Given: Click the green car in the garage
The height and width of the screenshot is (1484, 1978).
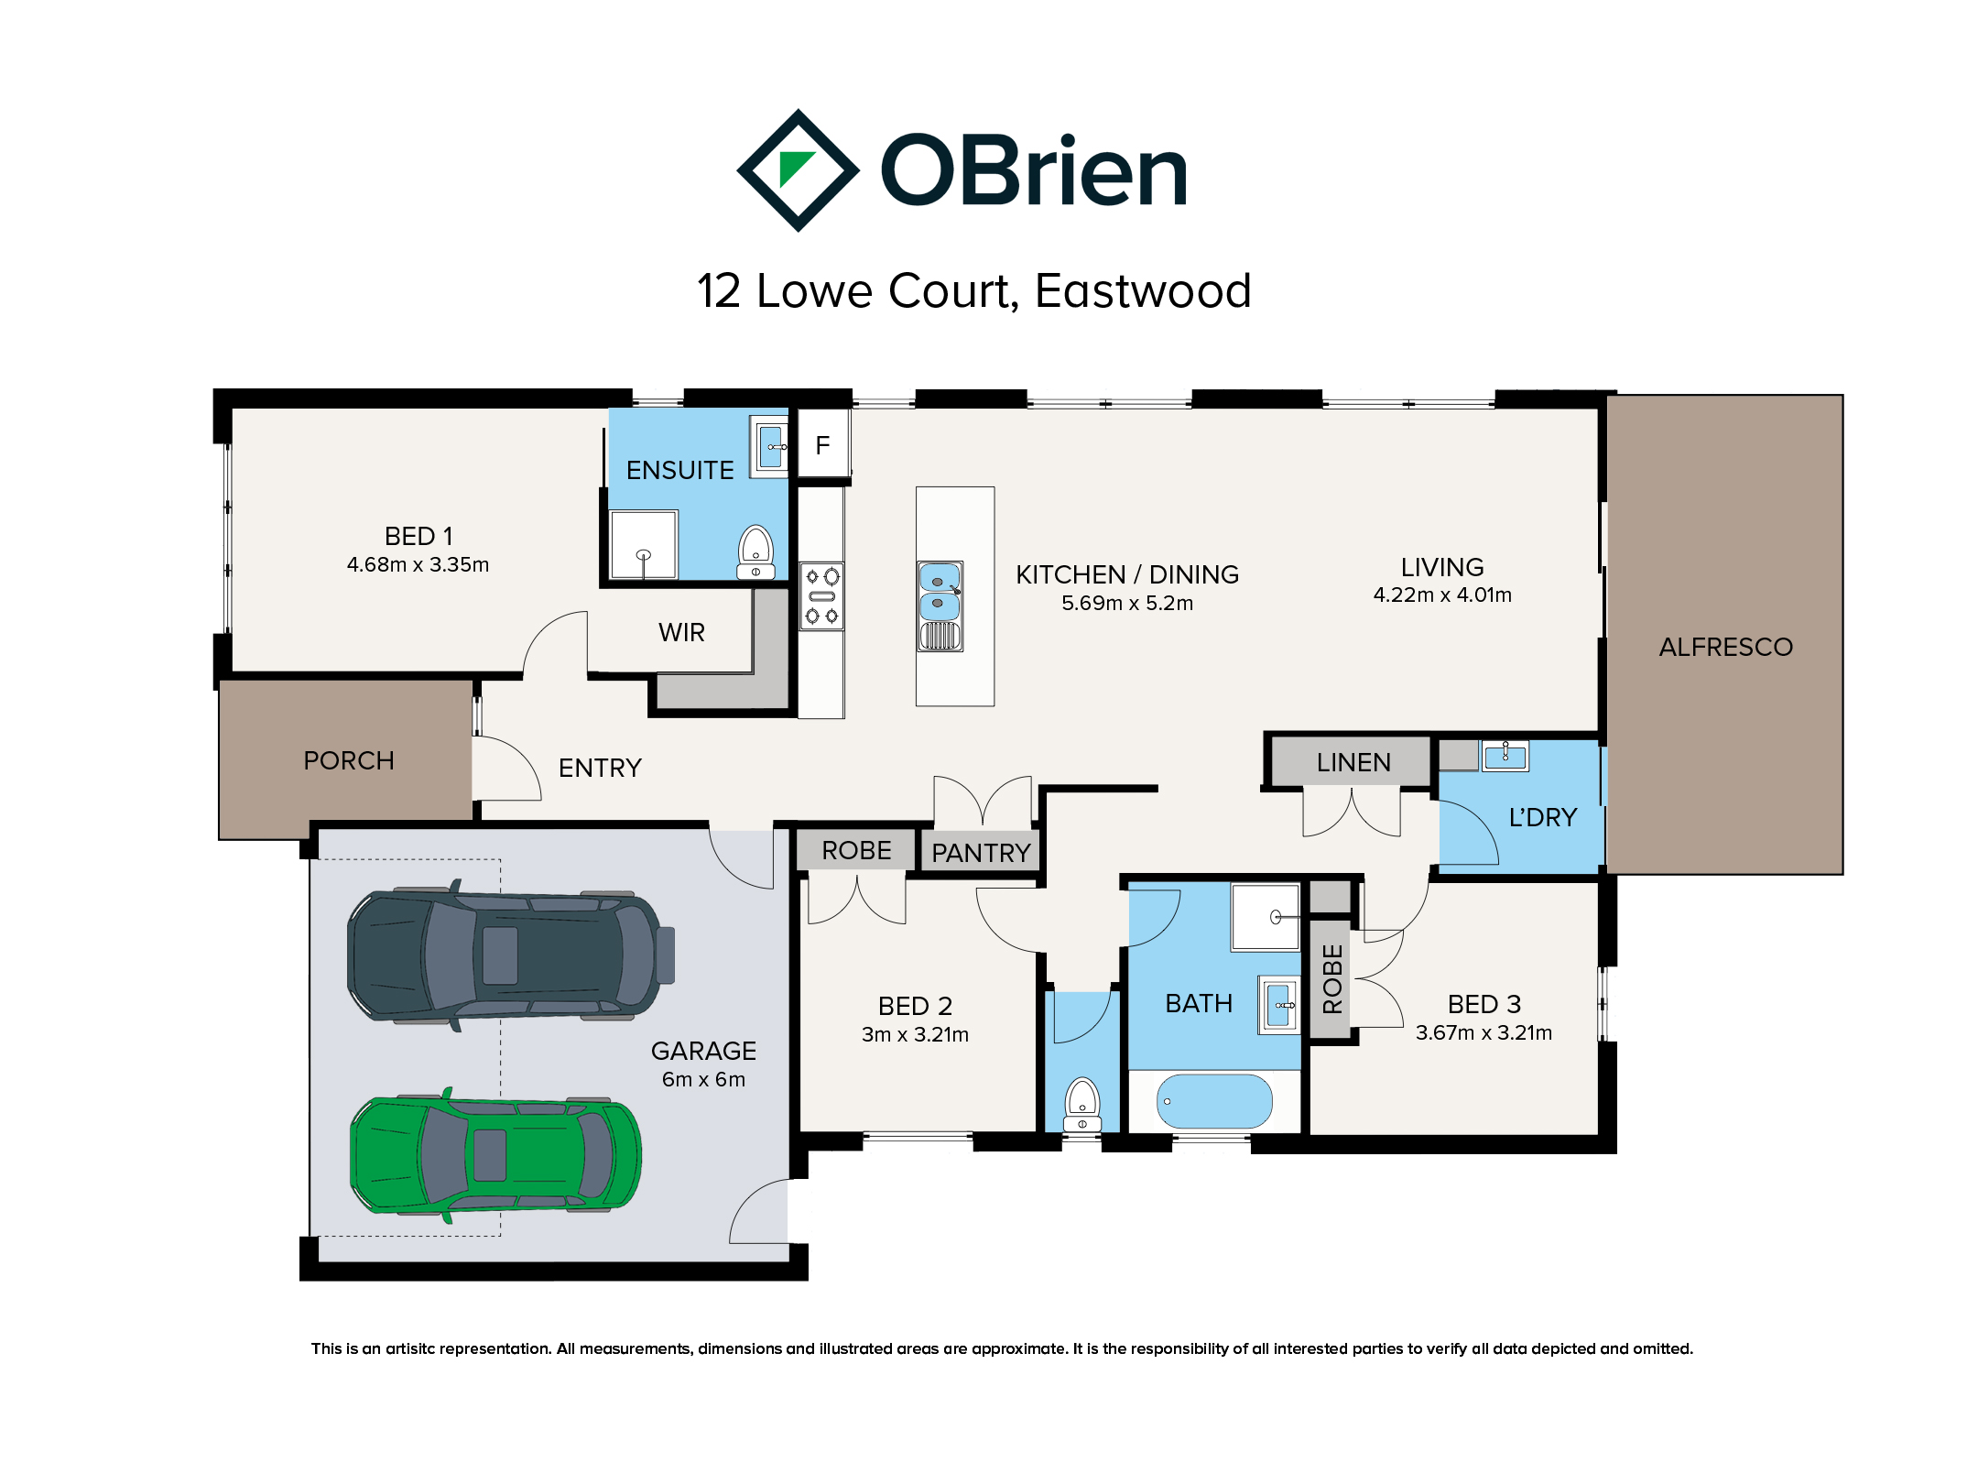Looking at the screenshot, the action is click(x=495, y=1155).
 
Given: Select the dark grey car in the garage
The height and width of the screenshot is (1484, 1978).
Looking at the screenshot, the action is click(x=510, y=955).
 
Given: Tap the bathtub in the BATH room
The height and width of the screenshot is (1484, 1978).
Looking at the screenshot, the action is click(x=1214, y=1101).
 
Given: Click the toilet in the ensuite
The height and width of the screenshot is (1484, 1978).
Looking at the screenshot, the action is click(x=755, y=552).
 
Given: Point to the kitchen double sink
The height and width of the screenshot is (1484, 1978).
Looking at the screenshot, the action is click(x=940, y=606).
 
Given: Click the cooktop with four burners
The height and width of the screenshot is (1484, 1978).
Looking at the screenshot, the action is click(x=821, y=596).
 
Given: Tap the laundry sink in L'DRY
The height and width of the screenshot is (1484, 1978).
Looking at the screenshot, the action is click(x=1505, y=756).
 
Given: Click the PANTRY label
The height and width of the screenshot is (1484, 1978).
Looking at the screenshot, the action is click(x=981, y=853).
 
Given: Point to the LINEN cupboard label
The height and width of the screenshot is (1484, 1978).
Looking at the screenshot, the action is click(x=1353, y=762).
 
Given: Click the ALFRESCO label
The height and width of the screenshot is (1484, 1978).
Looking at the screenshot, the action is click(x=1725, y=647).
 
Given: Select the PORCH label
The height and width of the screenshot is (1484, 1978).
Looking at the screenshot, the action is click(x=349, y=760).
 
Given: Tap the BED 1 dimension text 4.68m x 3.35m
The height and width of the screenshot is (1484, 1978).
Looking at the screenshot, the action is click(x=418, y=564).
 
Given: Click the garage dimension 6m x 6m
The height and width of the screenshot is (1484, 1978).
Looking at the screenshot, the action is click(x=703, y=1079).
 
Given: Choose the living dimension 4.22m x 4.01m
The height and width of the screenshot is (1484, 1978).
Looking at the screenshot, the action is click(x=1442, y=595).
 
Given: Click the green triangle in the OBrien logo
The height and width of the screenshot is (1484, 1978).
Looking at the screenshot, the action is click(x=794, y=168).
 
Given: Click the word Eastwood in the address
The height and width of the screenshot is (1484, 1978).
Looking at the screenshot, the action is click(x=1143, y=291).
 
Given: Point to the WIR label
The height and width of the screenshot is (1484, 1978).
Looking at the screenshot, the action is click(x=681, y=632).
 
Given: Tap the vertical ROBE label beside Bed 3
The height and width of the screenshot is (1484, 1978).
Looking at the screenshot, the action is click(x=1332, y=979).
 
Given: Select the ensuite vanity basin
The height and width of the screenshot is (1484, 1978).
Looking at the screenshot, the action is click(x=771, y=447).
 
